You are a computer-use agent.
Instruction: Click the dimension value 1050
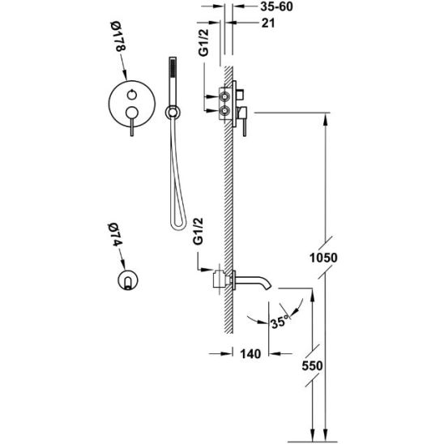click(323, 258)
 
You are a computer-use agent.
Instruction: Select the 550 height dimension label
click(312, 366)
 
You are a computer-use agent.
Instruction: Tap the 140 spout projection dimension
click(250, 354)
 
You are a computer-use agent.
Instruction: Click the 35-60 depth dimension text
click(276, 6)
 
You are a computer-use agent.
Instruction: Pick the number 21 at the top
click(268, 23)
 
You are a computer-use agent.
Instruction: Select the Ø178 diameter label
click(117, 36)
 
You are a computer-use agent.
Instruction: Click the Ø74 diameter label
click(115, 235)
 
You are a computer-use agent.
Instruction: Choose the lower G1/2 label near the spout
click(198, 231)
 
